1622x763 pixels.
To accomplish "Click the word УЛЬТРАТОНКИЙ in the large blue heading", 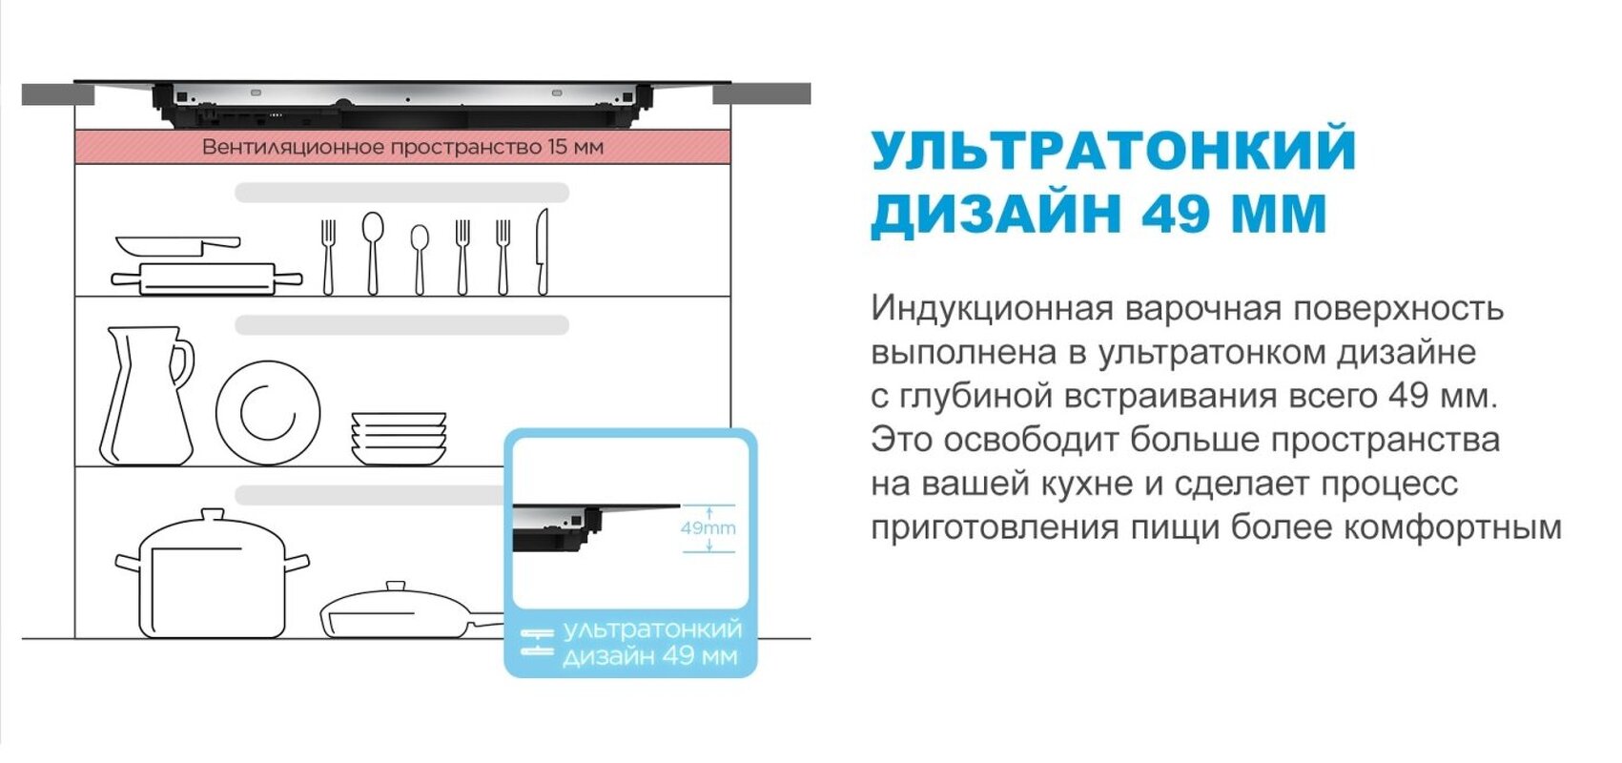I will coord(1113,150).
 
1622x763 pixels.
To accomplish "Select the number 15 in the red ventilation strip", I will coord(558,147).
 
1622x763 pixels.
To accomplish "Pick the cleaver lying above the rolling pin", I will coord(177,246).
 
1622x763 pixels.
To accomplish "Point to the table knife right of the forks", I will coord(542,252).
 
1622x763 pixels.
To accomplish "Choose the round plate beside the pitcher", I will coord(268,411).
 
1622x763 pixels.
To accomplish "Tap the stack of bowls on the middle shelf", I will coord(399,438).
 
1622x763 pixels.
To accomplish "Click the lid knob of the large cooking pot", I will coord(212,516).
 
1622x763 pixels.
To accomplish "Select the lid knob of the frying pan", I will coord(396,587).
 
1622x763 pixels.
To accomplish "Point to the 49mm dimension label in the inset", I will coord(708,527).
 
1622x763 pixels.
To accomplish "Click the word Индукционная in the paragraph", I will coord(992,309).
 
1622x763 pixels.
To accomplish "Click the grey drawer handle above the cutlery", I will coord(401,193).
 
